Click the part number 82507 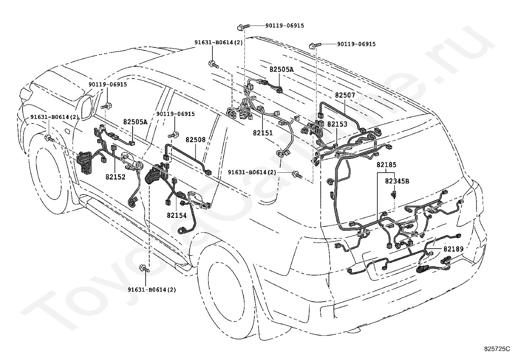[x=345, y=95]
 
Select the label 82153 [x=337, y=124]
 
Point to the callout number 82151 [x=263, y=133]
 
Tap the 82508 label [x=196, y=140]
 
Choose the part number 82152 [x=116, y=177]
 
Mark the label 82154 [x=177, y=216]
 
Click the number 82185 [x=386, y=165]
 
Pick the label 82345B [x=397, y=181]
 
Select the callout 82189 [x=454, y=249]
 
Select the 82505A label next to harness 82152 [x=135, y=122]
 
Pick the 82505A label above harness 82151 [x=282, y=69]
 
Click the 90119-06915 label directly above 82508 [x=176, y=114]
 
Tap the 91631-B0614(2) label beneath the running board [x=152, y=290]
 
